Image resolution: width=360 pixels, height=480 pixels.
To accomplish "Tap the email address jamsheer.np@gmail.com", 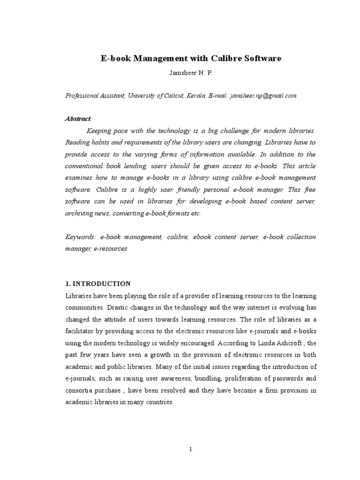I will pyautogui.click(x=263, y=95).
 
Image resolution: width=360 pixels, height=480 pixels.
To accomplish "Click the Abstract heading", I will pyautogui.click(x=77, y=119).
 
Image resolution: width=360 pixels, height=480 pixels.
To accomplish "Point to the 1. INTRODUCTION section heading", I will pyautogui.click(x=97, y=284).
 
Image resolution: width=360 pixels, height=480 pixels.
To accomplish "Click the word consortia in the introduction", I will pyautogui.click(x=79, y=390).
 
